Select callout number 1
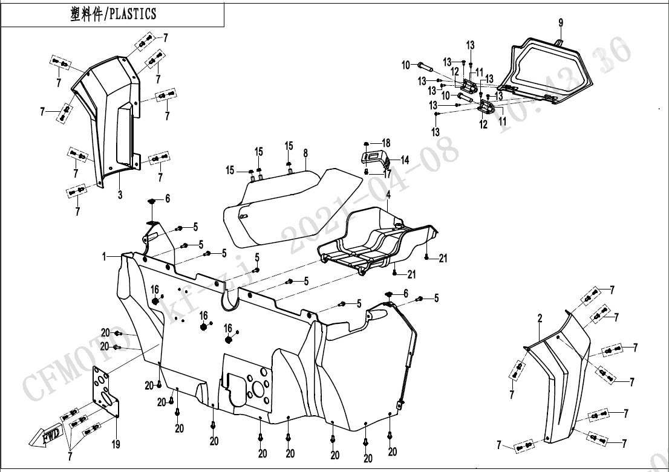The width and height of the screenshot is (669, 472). coord(104,257)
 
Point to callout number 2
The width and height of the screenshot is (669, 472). coord(540,318)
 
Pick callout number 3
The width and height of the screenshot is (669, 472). coord(120,195)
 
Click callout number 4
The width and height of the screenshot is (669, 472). coord(388,195)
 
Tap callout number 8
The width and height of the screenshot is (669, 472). coord(305,154)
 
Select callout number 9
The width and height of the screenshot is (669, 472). coord(561,23)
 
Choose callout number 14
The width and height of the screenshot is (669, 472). coord(405,160)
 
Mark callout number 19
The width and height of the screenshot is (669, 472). coord(116,445)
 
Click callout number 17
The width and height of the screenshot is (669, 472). coord(387,173)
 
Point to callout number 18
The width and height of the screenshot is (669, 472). coord(386,143)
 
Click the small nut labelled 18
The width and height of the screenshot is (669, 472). coord(367,143)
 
